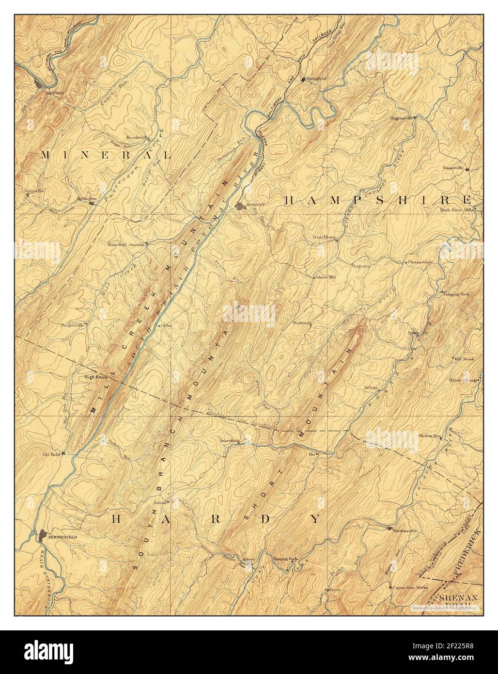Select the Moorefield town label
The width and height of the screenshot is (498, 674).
tap(62, 537)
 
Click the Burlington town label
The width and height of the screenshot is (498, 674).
tap(87, 199)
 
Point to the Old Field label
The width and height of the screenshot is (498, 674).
tap(50, 454)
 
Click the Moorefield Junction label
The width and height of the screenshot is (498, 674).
tap(126, 245)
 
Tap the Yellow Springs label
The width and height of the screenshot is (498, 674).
tap(463, 380)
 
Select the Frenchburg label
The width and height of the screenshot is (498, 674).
tap(324, 238)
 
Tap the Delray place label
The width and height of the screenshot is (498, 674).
tap(371, 388)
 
